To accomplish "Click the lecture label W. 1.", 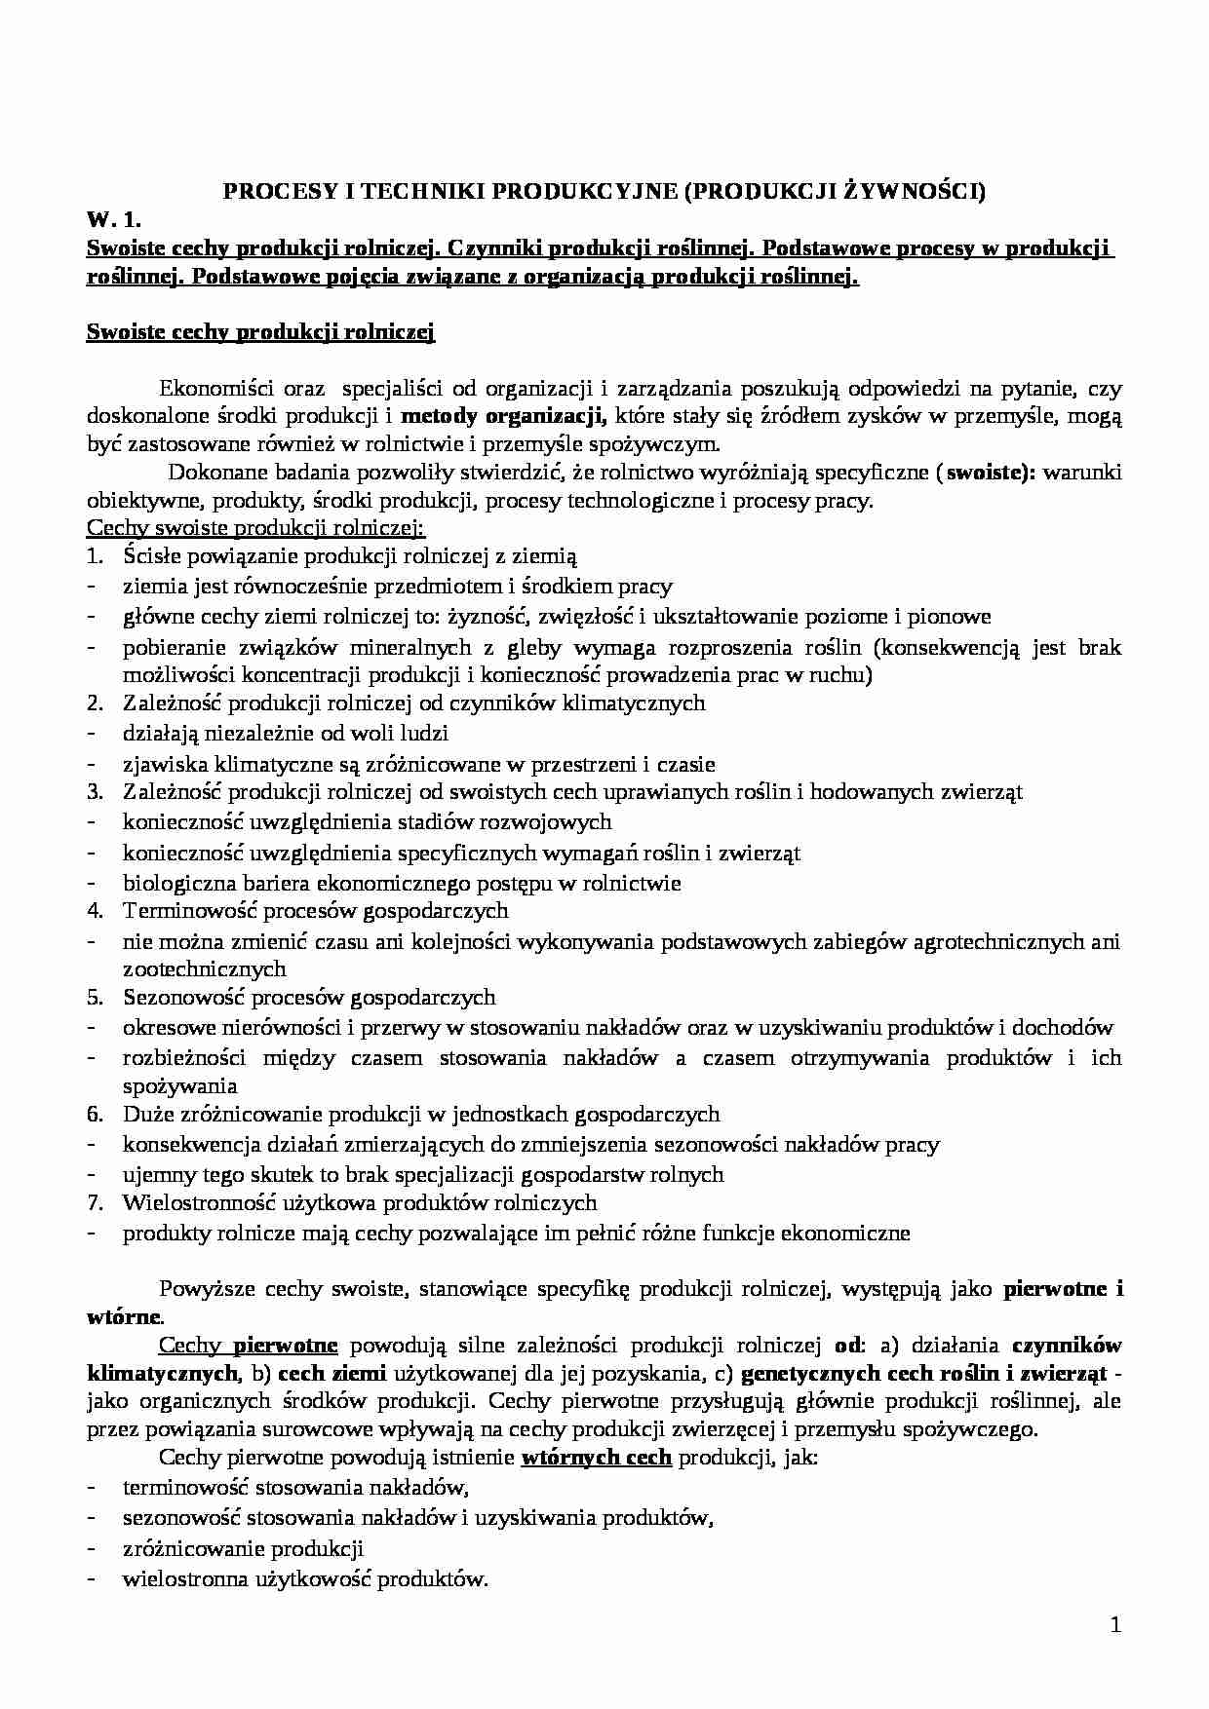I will pos(114,221).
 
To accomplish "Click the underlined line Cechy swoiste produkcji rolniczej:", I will pos(255,528).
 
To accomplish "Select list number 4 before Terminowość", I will pos(95,911).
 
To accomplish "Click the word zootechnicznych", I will pos(204,968).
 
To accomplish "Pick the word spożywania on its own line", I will pos(179,1085).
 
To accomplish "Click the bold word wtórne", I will pos(121,1317).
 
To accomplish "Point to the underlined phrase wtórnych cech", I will pos(597,1459).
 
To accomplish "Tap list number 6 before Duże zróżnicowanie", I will pos(95,1114).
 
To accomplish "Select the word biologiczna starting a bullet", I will pos(178,884).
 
